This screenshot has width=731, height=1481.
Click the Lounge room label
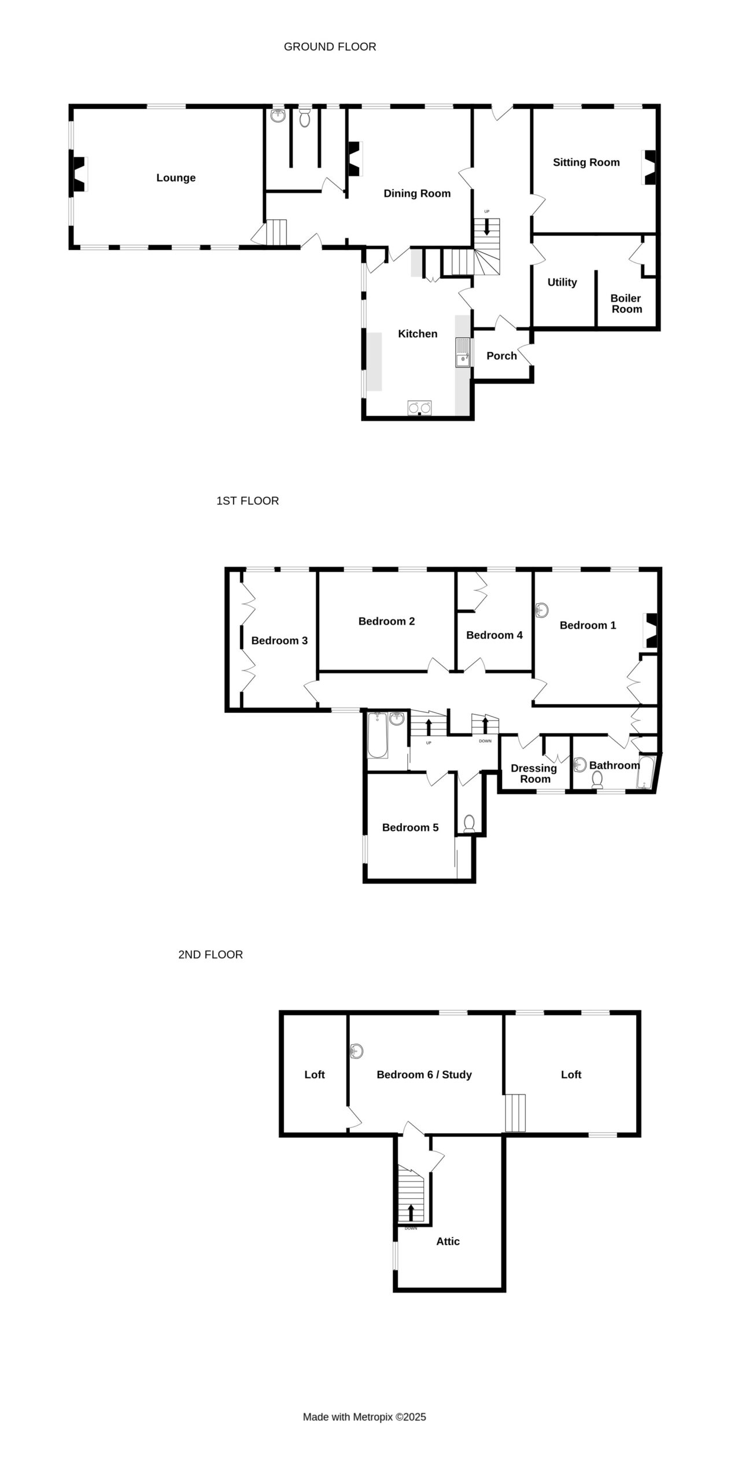(176, 178)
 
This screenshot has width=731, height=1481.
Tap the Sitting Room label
(586, 162)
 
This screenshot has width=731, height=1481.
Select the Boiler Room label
(626, 303)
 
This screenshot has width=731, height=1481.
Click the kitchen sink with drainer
(463, 353)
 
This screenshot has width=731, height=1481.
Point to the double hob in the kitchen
(419, 408)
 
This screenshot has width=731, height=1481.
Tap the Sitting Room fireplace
(649, 167)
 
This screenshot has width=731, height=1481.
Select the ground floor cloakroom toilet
(305, 117)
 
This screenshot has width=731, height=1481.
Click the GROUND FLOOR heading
(330, 47)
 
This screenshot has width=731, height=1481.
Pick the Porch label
(501, 356)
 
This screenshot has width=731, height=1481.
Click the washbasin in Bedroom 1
(541, 610)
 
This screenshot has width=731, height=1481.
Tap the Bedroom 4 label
(494, 635)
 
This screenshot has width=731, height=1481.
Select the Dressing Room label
(534, 773)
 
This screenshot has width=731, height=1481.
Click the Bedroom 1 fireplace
(650, 631)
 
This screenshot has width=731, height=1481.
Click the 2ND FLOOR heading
(211, 955)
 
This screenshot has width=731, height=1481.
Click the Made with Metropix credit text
(364, 1417)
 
